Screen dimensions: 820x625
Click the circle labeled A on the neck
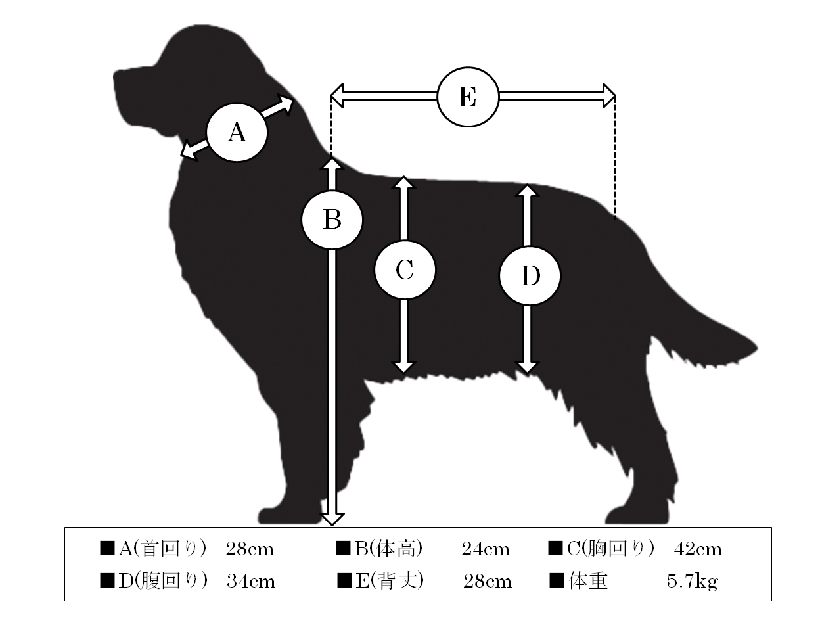point(237,133)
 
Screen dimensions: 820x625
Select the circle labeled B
point(332,220)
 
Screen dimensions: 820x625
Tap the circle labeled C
point(405,269)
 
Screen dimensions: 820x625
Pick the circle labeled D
point(530,276)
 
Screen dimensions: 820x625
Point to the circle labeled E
point(468,97)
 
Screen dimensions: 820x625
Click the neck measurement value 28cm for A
point(250,549)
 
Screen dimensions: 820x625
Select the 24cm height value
point(486,549)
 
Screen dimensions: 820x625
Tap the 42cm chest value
point(698,549)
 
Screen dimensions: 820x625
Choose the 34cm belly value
point(251,581)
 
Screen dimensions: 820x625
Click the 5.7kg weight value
point(692,582)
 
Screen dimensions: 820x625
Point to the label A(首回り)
point(162,549)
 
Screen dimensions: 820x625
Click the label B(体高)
point(388,549)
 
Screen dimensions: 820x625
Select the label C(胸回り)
point(610,549)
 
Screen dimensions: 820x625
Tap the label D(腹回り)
point(163,581)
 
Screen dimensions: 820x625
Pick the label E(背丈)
point(390,581)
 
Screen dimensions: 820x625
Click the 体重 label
point(588,581)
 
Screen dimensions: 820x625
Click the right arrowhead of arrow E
point(609,96)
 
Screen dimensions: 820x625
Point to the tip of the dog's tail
point(756,348)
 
